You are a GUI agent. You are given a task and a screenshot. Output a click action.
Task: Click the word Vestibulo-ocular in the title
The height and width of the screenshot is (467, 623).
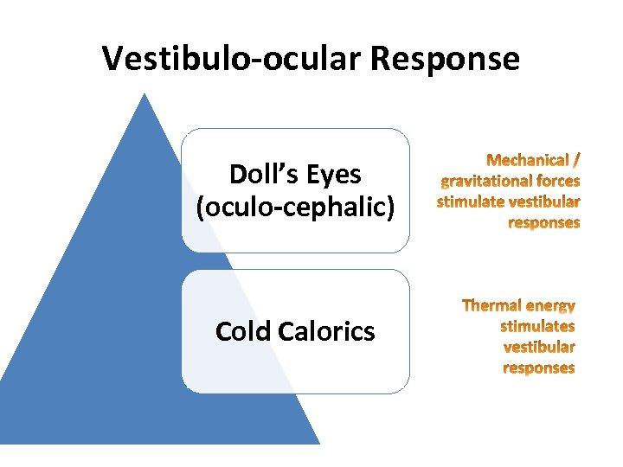point(232,59)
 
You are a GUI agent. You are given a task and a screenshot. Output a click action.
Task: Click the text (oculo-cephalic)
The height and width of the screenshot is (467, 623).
point(296,208)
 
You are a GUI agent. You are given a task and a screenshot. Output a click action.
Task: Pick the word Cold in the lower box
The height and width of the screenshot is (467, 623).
point(241,331)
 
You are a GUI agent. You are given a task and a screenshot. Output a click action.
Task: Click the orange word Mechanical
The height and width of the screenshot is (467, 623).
point(528,160)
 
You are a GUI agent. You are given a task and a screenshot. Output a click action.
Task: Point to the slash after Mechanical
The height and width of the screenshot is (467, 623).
point(576,160)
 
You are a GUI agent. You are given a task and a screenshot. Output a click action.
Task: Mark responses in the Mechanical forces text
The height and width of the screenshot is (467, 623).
point(543,222)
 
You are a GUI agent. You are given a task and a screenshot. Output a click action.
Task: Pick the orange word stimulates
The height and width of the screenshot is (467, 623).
point(536,326)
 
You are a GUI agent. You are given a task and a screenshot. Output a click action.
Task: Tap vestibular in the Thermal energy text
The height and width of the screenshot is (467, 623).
point(538,347)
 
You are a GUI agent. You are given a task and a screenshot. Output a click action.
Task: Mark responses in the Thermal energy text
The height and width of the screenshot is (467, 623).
point(538,368)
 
